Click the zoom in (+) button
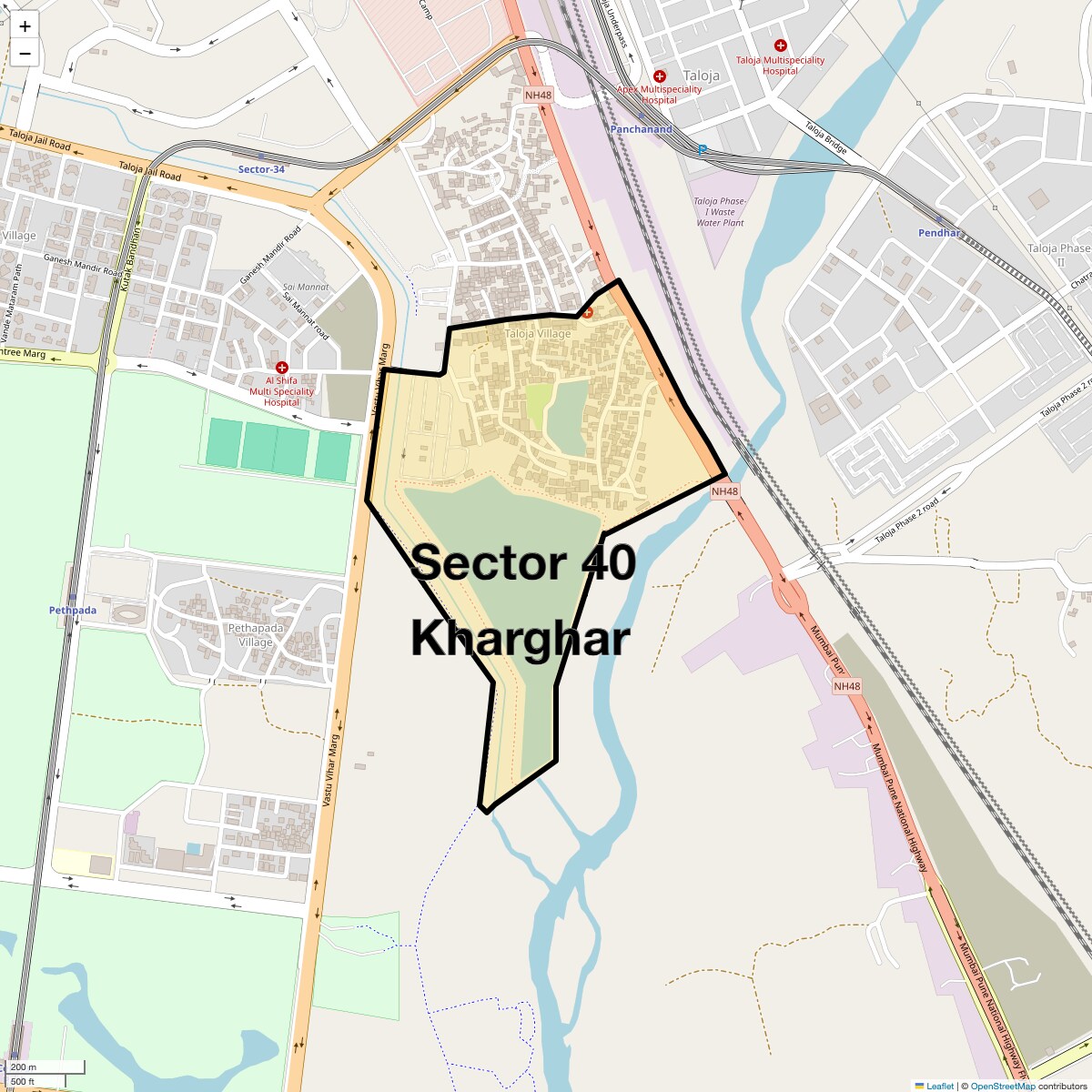click(25, 26)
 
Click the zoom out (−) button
click(25, 54)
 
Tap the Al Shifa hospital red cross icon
click(282, 368)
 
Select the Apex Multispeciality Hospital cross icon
click(660, 76)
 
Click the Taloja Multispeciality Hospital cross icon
click(780, 45)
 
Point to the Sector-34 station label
click(261, 169)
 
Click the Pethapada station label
click(73, 611)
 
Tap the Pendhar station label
click(939, 233)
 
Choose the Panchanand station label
click(642, 129)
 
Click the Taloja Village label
click(538, 334)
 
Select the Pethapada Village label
click(256, 635)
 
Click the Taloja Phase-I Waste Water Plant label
click(720, 212)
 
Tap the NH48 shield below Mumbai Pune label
click(846, 686)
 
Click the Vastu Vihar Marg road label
click(331, 769)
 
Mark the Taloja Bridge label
click(825, 137)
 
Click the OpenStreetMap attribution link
click(1002, 1086)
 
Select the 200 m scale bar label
click(25, 1067)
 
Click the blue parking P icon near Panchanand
click(702, 149)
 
